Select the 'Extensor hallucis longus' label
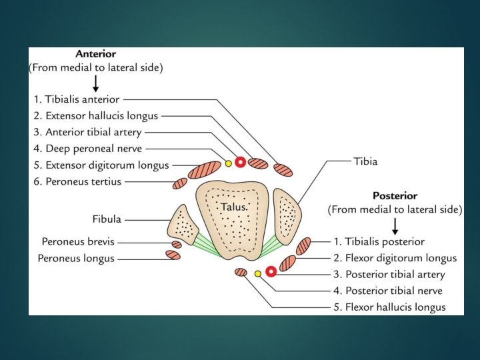101,115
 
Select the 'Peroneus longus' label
76,258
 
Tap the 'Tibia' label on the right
365,161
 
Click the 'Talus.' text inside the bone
234,207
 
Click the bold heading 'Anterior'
96,54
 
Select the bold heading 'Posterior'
395,196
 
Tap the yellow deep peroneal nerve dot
228,163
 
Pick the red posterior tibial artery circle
271,271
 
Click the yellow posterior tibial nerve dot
258,273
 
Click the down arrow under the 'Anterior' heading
96,83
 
